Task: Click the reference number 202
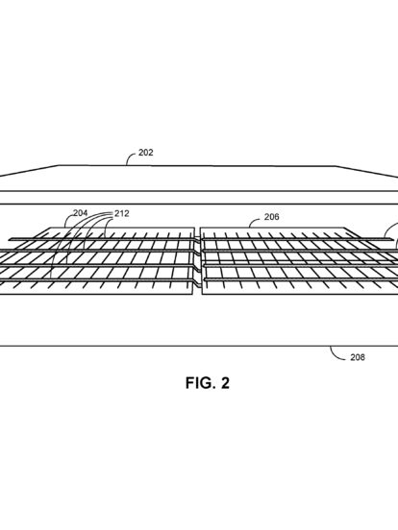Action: coord(146,153)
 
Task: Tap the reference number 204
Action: coord(81,213)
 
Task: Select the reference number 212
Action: coord(122,213)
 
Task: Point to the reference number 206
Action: coord(272,217)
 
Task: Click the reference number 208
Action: coord(358,357)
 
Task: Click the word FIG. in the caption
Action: coord(200,383)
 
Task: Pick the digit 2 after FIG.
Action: coord(225,383)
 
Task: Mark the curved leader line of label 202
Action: coord(130,157)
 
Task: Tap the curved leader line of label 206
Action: coord(254,221)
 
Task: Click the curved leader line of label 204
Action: coord(67,220)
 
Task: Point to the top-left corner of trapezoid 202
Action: coord(60,165)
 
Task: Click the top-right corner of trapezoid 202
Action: coord(336,166)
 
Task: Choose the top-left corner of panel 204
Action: coord(50,228)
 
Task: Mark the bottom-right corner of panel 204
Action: coord(194,294)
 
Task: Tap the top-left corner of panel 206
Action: coord(200,228)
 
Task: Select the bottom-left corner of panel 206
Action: coord(202,294)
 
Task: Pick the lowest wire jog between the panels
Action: coord(198,279)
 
